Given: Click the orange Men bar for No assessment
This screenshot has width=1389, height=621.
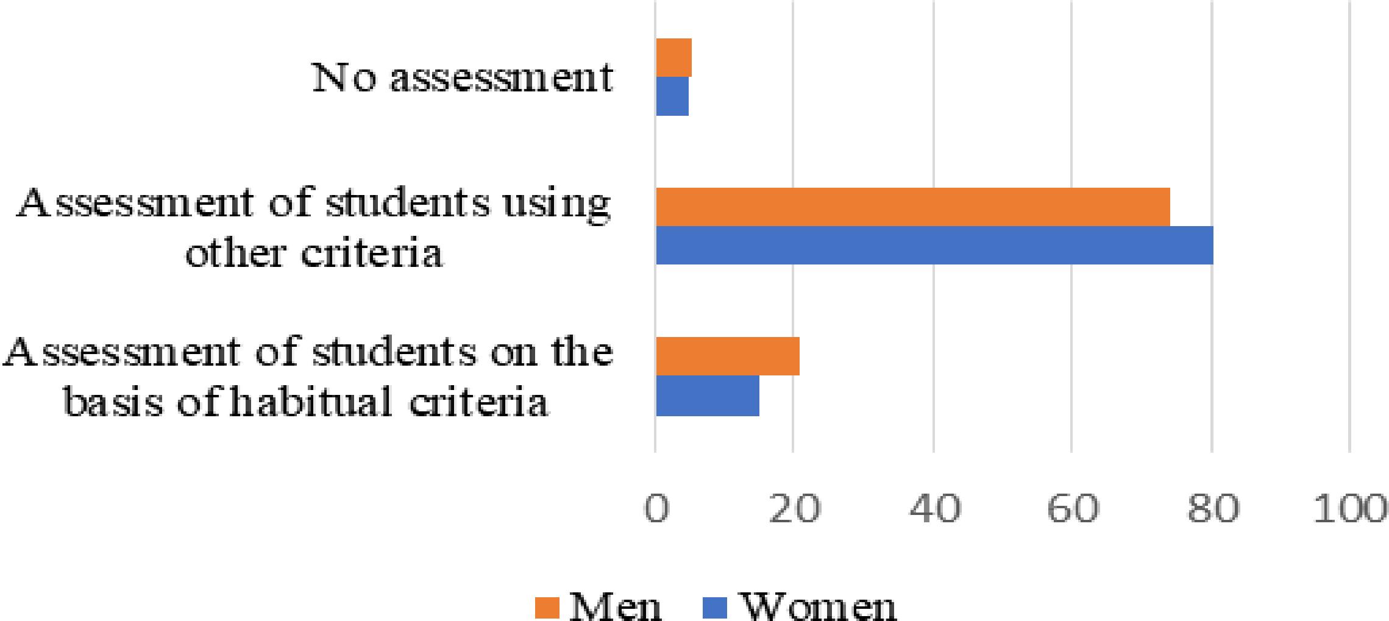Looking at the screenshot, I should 673,58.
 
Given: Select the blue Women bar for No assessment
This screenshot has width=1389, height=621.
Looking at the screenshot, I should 672,96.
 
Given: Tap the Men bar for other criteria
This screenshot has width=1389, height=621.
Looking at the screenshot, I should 912,207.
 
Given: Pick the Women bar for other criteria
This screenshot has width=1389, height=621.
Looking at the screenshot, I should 934,246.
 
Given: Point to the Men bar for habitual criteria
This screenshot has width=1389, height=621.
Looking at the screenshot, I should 727,356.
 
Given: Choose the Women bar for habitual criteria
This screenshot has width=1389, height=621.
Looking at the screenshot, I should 707,396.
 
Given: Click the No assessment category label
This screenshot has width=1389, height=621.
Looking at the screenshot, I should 462,78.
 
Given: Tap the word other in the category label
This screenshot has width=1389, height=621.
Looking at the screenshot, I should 234,252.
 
